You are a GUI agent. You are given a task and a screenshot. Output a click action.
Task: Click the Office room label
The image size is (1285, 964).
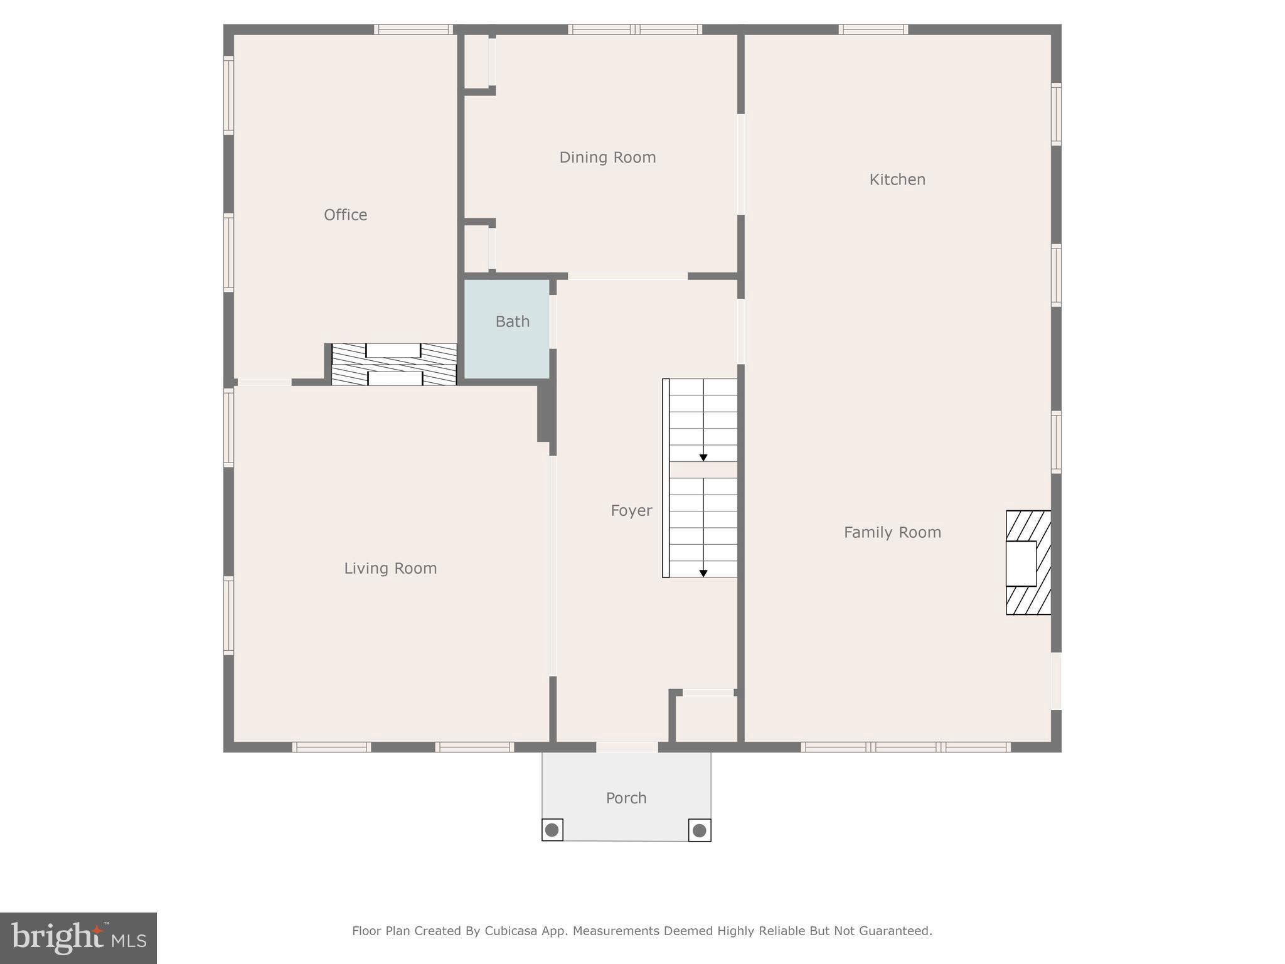pyautogui.click(x=345, y=215)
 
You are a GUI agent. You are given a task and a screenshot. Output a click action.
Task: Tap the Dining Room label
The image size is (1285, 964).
pyautogui.click(x=607, y=158)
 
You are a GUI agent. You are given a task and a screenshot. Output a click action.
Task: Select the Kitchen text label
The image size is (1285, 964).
pyautogui.click(x=897, y=180)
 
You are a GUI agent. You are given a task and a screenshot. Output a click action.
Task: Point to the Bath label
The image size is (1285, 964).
pyautogui.click(x=512, y=322)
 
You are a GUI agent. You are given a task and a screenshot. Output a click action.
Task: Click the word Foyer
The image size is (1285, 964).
pyautogui.click(x=631, y=511)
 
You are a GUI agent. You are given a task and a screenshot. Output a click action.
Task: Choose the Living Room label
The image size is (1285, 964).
pyautogui.click(x=390, y=569)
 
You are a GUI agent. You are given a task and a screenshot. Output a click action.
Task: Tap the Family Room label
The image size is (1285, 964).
pyautogui.click(x=892, y=533)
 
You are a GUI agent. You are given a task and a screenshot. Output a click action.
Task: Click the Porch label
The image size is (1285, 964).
pyautogui.click(x=626, y=798)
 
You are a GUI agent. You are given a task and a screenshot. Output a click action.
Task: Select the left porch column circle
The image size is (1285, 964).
pyautogui.click(x=552, y=830)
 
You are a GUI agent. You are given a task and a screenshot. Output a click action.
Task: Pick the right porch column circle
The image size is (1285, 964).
pyautogui.click(x=700, y=830)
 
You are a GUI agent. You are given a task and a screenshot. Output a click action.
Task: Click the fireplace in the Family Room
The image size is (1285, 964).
pyautogui.click(x=1028, y=563)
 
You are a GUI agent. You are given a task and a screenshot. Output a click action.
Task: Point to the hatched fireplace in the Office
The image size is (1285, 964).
pyautogui.click(x=394, y=365)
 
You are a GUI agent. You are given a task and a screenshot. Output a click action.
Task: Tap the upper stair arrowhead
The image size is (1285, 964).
pyautogui.click(x=703, y=458)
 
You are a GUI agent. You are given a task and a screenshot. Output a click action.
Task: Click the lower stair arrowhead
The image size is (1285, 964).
pyautogui.click(x=703, y=573)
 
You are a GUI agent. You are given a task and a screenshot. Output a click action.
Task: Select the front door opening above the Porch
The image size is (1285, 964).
pyautogui.click(x=627, y=747)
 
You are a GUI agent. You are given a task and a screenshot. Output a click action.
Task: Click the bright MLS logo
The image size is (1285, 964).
pyautogui.click(x=78, y=938)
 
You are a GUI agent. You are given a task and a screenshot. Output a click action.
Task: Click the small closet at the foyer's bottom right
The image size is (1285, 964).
pyautogui.click(x=706, y=719)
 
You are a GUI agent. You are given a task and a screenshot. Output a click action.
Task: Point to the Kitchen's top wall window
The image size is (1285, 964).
pyautogui.click(x=873, y=29)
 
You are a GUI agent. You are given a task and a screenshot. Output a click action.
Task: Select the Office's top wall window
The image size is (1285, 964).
pyautogui.click(x=413, y=29)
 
